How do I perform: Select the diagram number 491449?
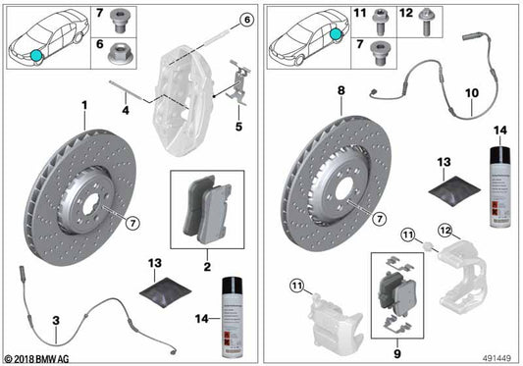(x=497, y=359)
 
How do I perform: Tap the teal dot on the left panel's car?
(x=36, y=55)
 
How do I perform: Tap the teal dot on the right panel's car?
(x=338, y=33)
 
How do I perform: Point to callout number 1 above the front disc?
(x=84, y=105)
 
